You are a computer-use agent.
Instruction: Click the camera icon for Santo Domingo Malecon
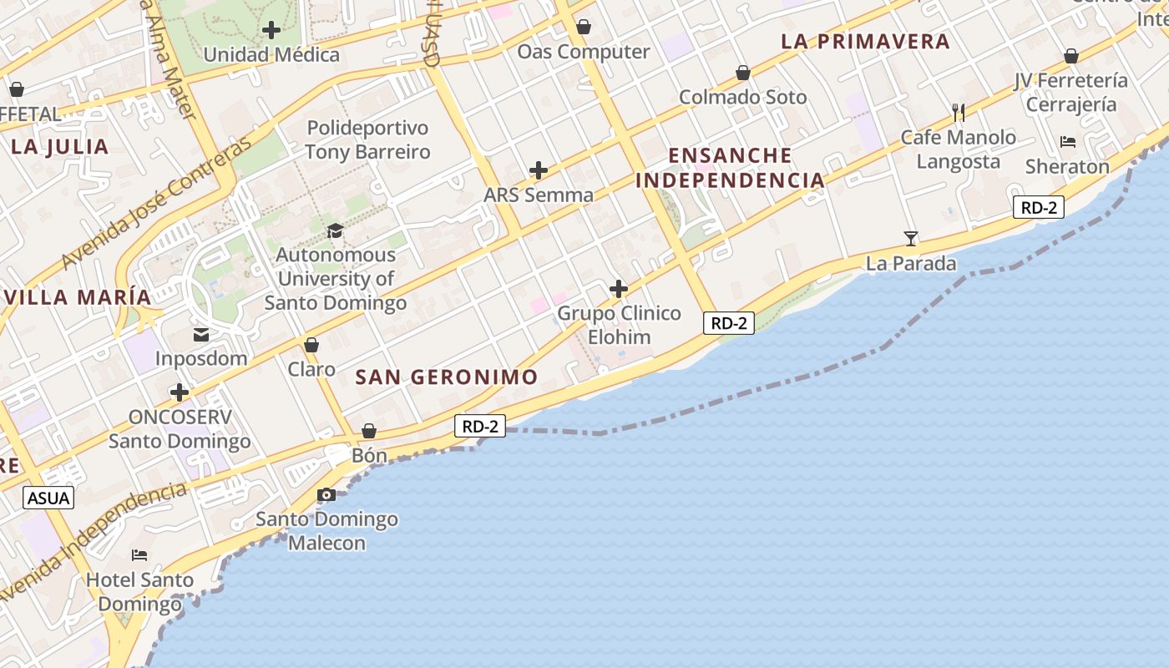coord(326,495)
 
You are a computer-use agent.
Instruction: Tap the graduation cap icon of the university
coord(335,230)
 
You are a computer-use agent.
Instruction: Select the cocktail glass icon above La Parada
coord(911,239)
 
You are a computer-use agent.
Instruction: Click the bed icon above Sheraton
coord(1067,142)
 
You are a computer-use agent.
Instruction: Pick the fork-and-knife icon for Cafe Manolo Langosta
coord(959,112)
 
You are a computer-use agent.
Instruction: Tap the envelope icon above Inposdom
coord(201,335)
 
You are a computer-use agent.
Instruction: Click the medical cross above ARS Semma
coord(539,171)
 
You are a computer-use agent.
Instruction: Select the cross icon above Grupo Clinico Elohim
coord(619,289)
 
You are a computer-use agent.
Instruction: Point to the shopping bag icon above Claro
coord(311,345)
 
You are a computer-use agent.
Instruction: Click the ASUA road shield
coord(48,498)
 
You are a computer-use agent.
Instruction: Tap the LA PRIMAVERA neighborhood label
coord(866,41)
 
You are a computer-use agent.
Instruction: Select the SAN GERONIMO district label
coord(447,377)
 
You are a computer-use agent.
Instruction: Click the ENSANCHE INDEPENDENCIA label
coord(730,167)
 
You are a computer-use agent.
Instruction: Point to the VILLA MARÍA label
coord(77,296)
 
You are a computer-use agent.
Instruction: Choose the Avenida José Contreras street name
coord(156,205)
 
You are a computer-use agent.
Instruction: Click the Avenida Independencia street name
coord(92,539)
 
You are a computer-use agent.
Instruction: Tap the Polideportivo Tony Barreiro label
coord(367,139)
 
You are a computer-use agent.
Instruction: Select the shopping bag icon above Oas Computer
coord(584,28)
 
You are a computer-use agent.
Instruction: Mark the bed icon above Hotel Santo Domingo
coord(139,555)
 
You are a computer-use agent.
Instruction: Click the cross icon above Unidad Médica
coord(271,31)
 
